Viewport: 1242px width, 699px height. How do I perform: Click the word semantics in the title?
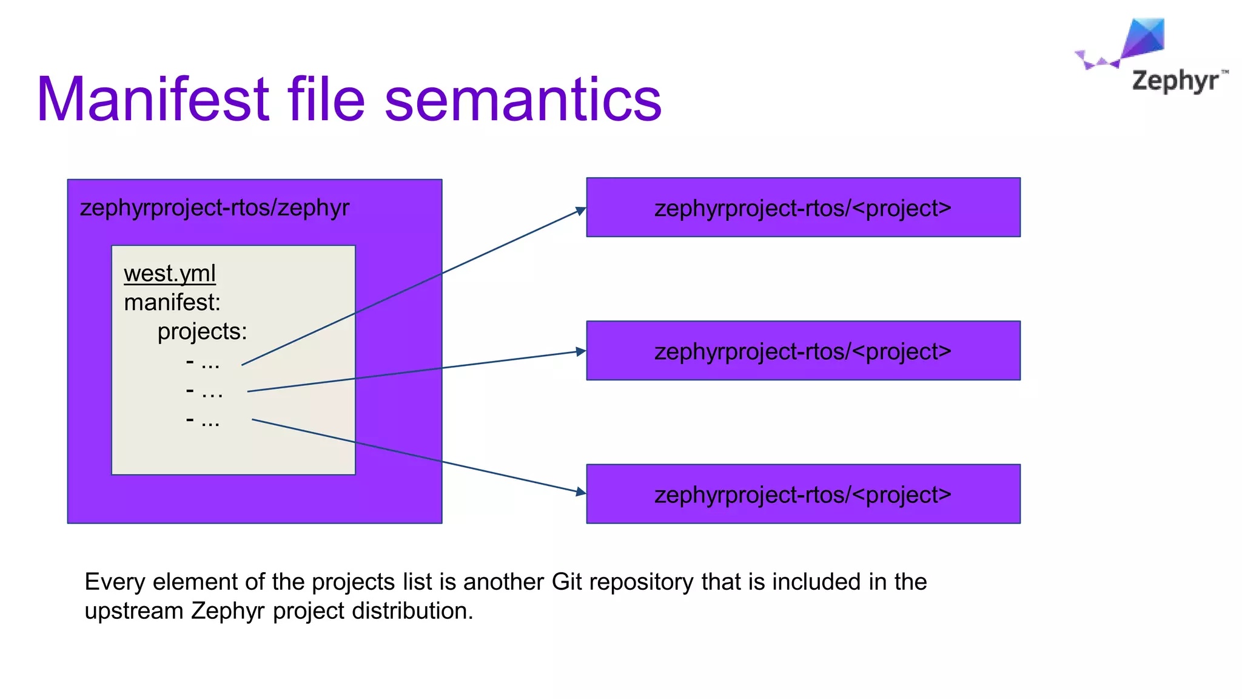click(x=523, y=100)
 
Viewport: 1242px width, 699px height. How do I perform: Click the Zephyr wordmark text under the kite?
click(x=1175, y=81)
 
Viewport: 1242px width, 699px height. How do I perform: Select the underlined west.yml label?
click(x=170, y=274)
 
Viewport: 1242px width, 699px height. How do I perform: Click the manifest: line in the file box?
click(x=172, y=302)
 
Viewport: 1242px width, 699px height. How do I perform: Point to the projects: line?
click(x=202, y=331)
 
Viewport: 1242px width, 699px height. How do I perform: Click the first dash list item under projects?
click(x=203, y=363)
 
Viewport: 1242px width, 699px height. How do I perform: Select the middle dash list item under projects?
click(x=204, y=391)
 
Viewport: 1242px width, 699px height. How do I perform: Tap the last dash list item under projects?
click(x=203, y=420)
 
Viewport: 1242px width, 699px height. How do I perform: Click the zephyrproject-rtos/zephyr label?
click(x=215, y=208)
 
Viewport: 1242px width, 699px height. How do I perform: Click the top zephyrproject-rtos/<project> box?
click(x=803, y=208)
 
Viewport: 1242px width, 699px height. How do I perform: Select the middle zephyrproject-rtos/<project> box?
click(x=803, y=351)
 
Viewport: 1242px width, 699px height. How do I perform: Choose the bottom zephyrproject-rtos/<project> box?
click(x=803, y=495)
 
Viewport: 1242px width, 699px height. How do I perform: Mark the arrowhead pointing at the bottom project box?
click(x=581, y=492)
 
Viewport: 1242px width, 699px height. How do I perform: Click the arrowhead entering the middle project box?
click(x=581, y=351)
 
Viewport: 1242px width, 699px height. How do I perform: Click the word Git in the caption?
click(x=566, y=582)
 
